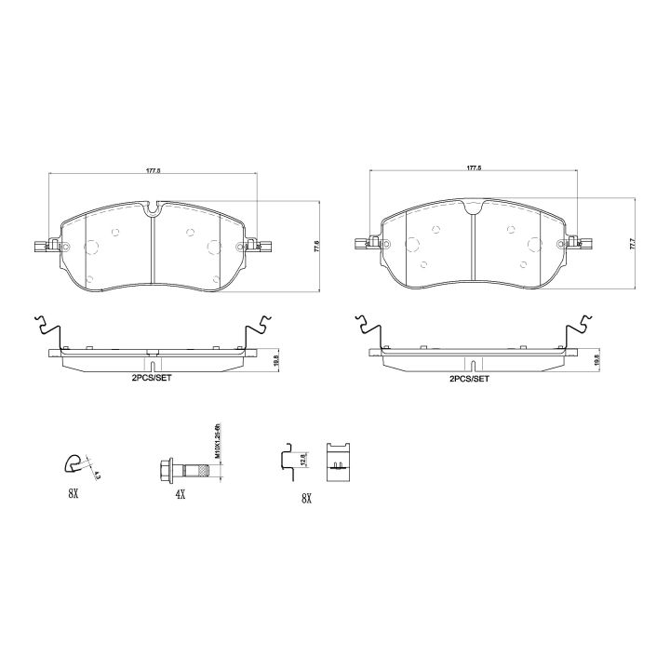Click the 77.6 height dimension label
[x=317, y=246]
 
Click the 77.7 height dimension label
[x=632, y=246]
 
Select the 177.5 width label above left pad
[x=154, y=171]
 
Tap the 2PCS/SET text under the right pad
[x=470, y=380]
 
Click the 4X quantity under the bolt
[x=180, y=497]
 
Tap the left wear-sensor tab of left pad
[x=37, y=247]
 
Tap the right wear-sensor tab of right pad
[x=587, y=247]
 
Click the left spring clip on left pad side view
[x=48, y=329]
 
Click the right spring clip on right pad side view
[x=578, y=329]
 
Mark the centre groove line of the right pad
[x=474, y=248]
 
